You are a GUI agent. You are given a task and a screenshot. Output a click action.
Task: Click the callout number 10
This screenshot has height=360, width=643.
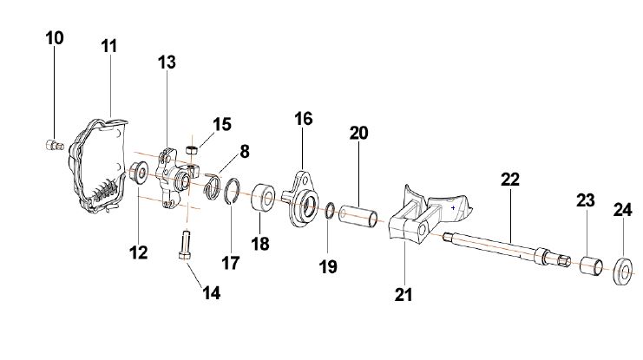pyautogui.click(x=54, y=39)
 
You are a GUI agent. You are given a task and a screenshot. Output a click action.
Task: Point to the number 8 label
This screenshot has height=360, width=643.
pyautogui.click(x=245, y=151)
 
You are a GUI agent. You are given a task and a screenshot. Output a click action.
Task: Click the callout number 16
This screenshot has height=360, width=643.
pyautogui.click(x=303, y=119)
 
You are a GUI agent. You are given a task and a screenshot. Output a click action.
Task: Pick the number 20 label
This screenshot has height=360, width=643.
pyautogui.click(x=358, y=133)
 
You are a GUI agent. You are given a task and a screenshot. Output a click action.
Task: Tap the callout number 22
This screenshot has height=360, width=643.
pyautogui.click(x=509, y=180)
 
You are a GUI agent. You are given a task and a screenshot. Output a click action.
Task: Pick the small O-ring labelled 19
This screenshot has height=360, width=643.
pyautogui.click(x=331, y=210)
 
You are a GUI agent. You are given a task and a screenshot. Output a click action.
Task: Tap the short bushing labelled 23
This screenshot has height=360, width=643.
pyautogui.click(x=591, y=264)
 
